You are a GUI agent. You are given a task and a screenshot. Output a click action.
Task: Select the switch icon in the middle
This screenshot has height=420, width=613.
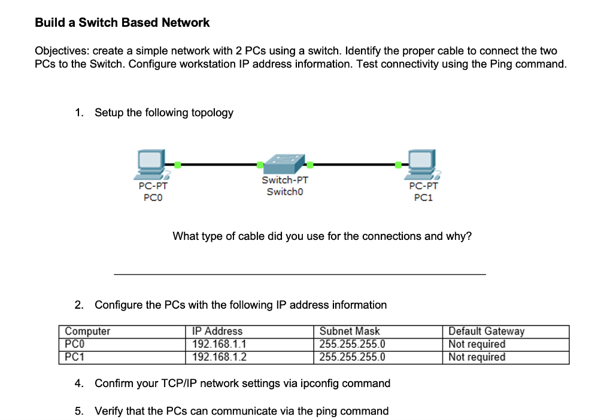coord(284,163)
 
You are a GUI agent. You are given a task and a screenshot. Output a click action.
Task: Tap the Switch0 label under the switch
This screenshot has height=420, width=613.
coord(285,191)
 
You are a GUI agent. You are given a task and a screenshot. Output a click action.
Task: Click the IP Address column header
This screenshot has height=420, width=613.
coord(217,331)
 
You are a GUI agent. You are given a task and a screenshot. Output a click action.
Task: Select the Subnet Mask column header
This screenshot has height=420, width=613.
coord(350,331)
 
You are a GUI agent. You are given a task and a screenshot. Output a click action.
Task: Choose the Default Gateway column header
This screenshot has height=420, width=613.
coord(486,331)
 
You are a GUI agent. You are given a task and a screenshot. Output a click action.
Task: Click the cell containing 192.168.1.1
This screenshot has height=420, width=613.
coord(219,344)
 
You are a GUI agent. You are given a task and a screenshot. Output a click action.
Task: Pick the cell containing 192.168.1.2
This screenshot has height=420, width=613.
coord(219,357)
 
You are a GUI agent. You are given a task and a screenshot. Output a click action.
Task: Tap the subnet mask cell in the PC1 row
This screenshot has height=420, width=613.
coord(352,357)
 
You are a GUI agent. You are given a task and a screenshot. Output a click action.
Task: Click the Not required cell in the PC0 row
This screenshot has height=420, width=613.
coord(477,344)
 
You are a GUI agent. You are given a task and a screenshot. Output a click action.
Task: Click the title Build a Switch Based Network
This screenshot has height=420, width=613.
coord(122,23)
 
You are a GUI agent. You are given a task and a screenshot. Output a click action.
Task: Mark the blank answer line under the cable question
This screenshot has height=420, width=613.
coord(299,273)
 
